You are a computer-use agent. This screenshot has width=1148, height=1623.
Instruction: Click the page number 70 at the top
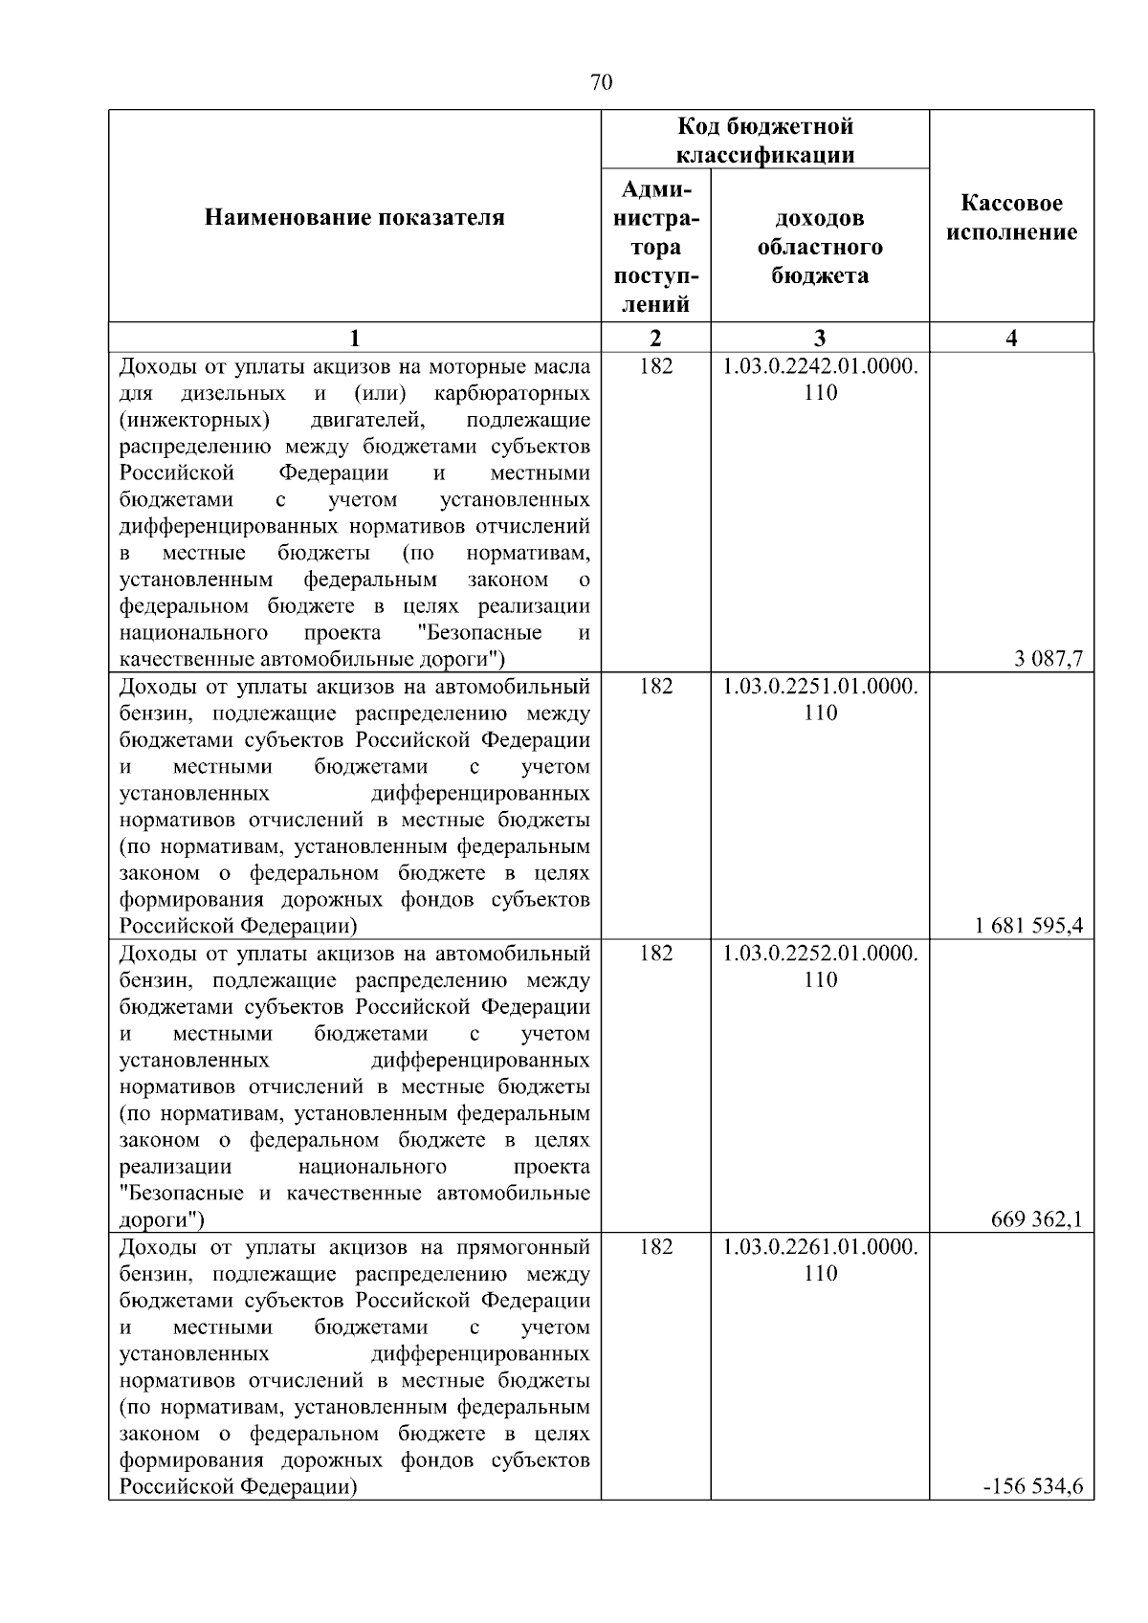pos(601,82)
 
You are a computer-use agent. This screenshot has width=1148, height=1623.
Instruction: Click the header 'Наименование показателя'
pos(355,218)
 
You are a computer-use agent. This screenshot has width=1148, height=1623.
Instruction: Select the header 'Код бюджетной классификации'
pos(765,140)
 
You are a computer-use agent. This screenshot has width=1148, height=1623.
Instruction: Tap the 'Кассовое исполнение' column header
pos(1011,218)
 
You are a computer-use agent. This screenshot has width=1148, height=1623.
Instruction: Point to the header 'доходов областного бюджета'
pos(820,247)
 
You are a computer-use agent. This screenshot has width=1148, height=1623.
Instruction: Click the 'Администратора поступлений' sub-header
pos(655,247)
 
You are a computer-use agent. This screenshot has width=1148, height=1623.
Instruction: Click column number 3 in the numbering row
pos(820,338)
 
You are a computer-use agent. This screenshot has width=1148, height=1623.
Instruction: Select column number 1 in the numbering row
pos(355,338)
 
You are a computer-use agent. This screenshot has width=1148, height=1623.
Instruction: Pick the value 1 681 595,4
pos(1029,925)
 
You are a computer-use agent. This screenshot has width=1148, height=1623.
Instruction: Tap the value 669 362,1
pos(1037,1218)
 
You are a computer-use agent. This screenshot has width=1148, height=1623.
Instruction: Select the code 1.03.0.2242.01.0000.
pos(820,366)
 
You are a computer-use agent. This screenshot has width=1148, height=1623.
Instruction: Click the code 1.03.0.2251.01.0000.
pos(820,687)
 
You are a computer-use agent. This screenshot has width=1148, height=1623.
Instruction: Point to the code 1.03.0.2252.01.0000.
pos(820,954)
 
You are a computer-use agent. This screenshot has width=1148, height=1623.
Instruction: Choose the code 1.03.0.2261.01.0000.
pos(820,1247)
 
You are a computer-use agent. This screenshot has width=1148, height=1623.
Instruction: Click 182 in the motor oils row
pos(655,366)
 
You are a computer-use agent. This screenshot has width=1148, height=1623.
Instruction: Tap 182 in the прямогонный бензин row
pos(655,1247)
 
